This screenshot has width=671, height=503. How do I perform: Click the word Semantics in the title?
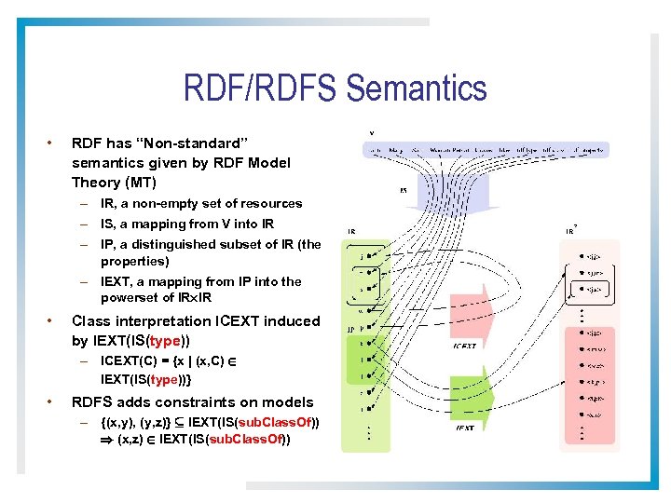(x=416, y=89)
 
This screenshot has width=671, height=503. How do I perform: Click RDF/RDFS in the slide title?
(x=261, y=89)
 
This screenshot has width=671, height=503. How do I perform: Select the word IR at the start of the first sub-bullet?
(x=109, y=203)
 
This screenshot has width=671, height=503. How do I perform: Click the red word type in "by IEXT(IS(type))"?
(x=170, y=340)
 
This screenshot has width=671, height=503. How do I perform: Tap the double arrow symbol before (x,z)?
(x=107, y=440)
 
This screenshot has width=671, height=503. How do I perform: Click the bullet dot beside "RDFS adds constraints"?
(x=48, y=401)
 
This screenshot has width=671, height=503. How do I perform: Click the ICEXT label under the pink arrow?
(x=465, y=347)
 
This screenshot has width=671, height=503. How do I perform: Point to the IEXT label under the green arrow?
(x=466, y=428)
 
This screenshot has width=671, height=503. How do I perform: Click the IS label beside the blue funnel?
(x=403, y=191)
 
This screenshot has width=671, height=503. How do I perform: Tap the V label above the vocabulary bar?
(x=373, y=131)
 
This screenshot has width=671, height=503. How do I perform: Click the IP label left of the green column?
(x=350, y=329)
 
